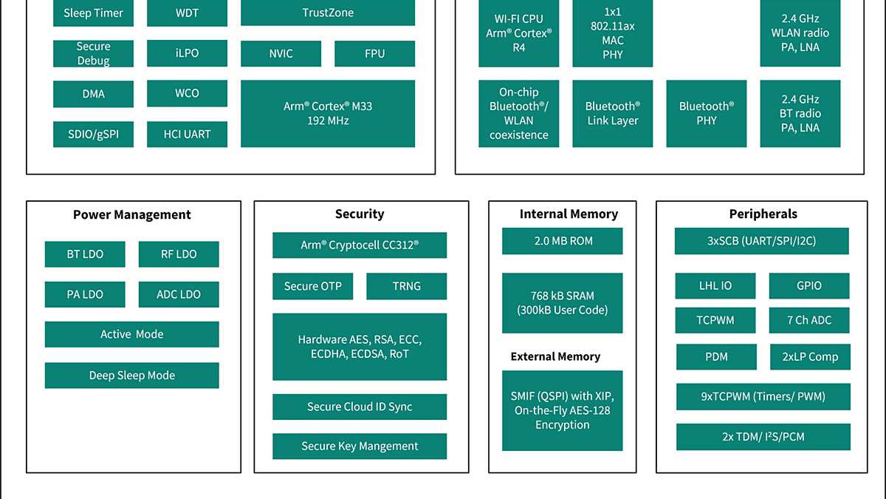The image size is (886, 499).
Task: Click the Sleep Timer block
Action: coord(93,13)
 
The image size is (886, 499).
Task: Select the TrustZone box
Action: coord(328,13)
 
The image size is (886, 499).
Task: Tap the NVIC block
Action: coord(281,53)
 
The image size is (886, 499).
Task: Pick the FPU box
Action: coord(374,53)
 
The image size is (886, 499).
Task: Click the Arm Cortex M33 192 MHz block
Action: coord(328,113)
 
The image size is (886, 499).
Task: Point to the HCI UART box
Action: coord(187,134)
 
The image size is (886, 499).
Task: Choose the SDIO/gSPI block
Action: coord(93,134)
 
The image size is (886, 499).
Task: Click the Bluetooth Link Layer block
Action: coord(612,113)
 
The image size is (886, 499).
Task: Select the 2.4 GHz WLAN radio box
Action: coord(800,33)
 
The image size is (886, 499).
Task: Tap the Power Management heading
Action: coord(132,214)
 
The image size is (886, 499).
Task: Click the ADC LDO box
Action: coord(179,294)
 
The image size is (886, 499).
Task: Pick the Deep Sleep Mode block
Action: coord(132,375)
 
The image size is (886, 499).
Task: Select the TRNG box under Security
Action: coord(406,286)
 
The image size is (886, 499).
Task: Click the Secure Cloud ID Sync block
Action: coord(360,407)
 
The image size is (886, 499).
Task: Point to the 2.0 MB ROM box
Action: coord(563,241)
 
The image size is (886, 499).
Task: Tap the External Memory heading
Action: coord(555,356)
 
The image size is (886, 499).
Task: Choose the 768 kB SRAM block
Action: coord(563,303)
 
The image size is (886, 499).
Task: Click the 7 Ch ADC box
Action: coord(809,320)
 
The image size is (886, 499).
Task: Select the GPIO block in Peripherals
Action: coord(809,285)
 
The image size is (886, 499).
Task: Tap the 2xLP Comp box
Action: coord(810,356)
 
